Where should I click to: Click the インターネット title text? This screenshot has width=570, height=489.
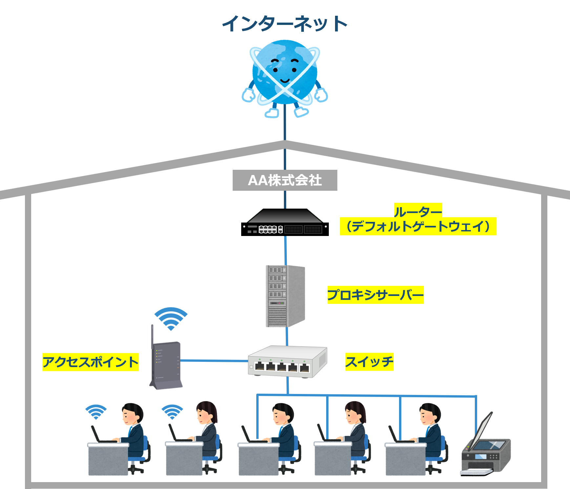285,24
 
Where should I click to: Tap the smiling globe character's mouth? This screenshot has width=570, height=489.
285,81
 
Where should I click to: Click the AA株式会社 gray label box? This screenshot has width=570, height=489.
285,180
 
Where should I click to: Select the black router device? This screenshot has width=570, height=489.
285,223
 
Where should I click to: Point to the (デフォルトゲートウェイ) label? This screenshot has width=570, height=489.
418,226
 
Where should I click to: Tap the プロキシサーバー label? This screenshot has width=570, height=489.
375,295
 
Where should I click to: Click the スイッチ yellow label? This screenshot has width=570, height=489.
369,362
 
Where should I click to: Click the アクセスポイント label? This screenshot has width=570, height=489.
90,362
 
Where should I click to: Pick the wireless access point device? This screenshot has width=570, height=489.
167,365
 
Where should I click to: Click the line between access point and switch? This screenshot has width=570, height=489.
213,361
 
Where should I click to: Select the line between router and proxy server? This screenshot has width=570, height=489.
285,251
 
